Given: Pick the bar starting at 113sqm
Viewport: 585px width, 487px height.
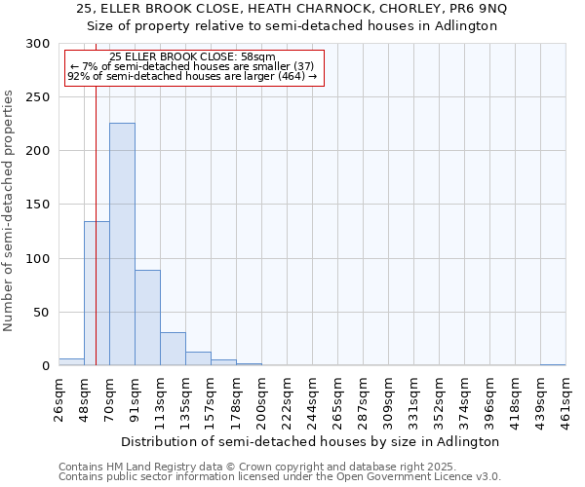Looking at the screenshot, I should (173, 349).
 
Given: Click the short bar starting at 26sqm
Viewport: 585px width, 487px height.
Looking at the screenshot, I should (71, 362).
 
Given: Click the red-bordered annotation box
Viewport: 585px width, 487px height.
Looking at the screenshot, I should (193, 67).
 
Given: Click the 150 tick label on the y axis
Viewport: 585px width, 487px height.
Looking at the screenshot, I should (39, 206).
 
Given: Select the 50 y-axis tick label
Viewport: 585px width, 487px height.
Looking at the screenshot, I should (43, 313).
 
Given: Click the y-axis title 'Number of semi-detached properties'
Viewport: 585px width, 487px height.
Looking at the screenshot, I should (9, 210).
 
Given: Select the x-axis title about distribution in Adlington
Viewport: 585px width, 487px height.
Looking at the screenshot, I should (312, 441).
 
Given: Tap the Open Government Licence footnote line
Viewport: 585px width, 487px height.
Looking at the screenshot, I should (280, 477).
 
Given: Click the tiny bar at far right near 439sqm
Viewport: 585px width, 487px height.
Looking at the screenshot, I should (553, 364).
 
